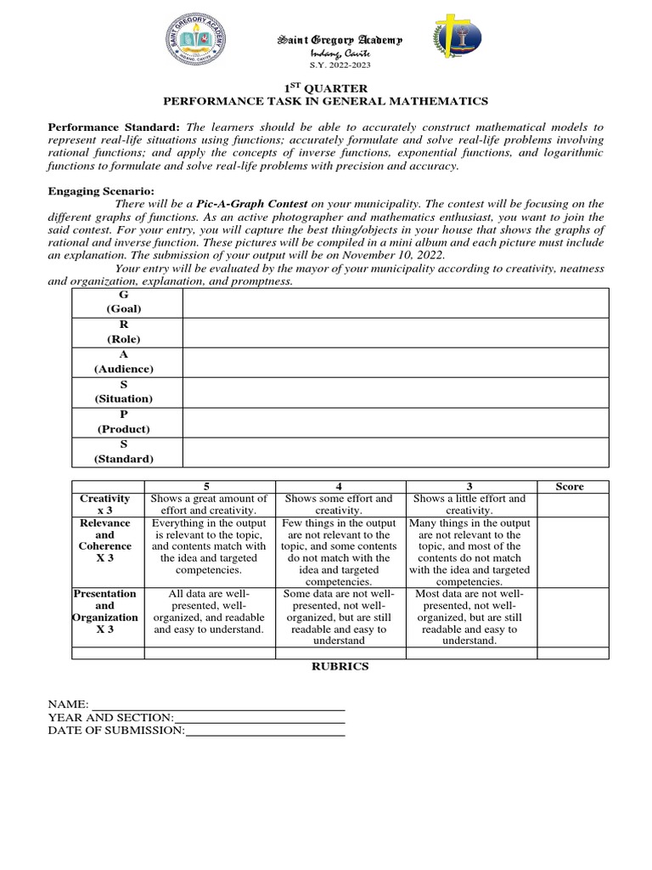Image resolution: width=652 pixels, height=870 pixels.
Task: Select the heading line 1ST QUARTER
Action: [325, 88]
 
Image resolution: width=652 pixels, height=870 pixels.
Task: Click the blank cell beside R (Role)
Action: [395, 333]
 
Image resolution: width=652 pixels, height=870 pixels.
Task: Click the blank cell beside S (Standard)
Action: [395, 452]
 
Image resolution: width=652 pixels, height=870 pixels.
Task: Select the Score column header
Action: [570, 487]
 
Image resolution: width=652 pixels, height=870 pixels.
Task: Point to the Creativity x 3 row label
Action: [104, 505]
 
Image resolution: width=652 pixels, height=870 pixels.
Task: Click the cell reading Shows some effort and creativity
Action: [339, 505]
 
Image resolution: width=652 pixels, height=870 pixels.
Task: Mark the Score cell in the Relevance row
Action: [573, 552]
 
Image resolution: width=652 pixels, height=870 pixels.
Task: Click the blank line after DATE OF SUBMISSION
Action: [264, 730]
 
